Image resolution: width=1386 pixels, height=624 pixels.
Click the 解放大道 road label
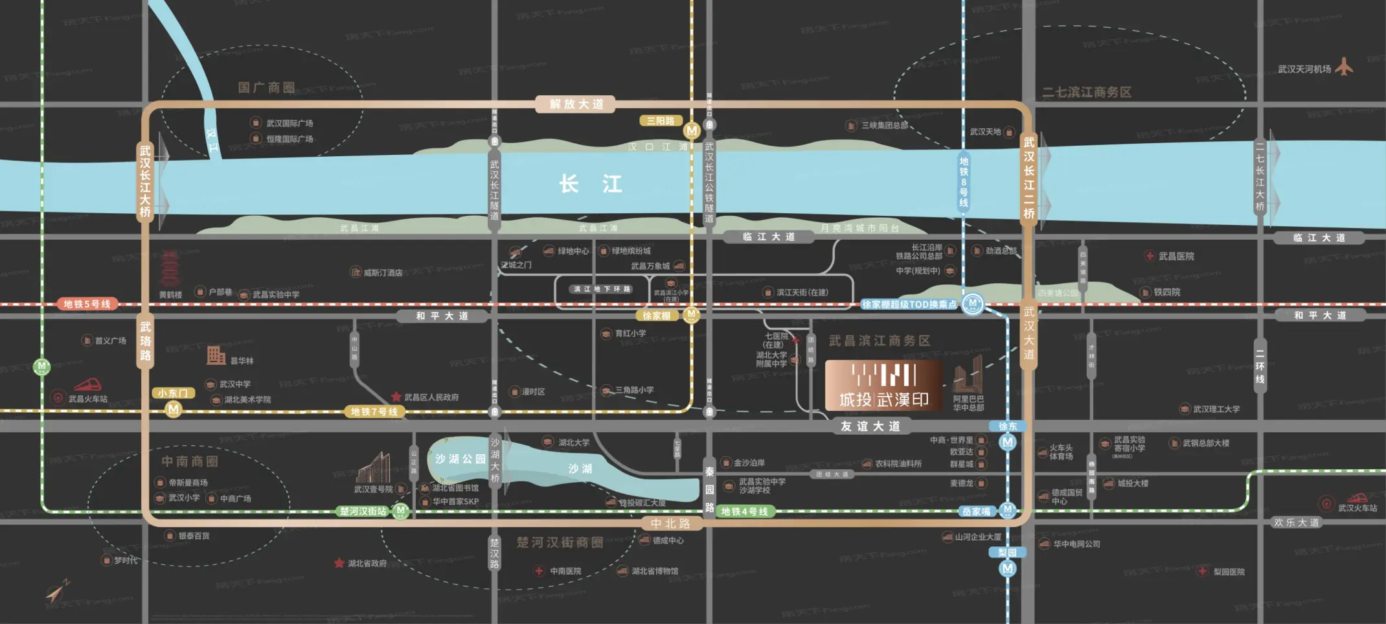(576, 104)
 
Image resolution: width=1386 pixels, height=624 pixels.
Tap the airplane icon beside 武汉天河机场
(1345, 67)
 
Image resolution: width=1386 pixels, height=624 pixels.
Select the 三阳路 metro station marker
(692, 130)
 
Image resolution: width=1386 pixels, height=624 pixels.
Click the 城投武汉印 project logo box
(883, 386)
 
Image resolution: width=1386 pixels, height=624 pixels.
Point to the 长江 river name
(590, 184)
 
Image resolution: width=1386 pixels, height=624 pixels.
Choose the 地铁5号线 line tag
(87, 304)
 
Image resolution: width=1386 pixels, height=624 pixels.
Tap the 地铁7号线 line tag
(374, 411)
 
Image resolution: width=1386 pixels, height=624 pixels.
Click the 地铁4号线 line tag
(744, 511)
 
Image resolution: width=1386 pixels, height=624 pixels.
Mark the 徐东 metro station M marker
(1007, 443)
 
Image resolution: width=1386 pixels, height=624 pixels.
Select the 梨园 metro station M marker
(1007, 569)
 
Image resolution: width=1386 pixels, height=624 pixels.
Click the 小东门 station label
(172, 393)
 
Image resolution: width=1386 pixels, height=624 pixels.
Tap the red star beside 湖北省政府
(339, 563)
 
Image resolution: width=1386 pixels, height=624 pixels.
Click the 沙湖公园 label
(460, 459)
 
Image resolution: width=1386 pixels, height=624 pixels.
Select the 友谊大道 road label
(870, 426)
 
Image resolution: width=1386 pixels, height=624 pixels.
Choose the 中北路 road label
(670, 524)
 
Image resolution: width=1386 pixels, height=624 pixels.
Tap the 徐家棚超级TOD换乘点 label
(909, 304)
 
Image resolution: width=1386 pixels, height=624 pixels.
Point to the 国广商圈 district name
(266, 87)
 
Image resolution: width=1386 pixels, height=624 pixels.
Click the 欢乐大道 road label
(1296, 522)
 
